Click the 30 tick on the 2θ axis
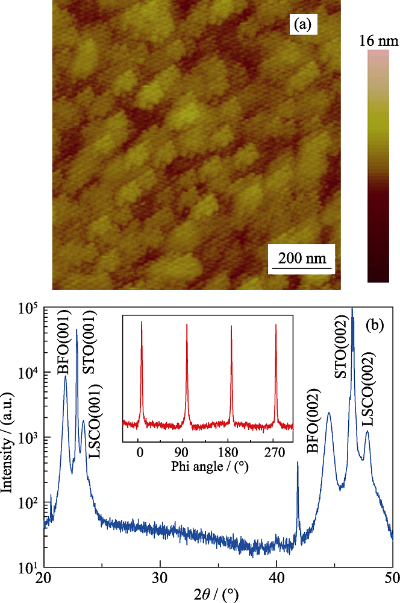(x=160, y=577)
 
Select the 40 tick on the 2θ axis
(x=277, y=577)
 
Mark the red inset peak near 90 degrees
(x=186, y=374)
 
